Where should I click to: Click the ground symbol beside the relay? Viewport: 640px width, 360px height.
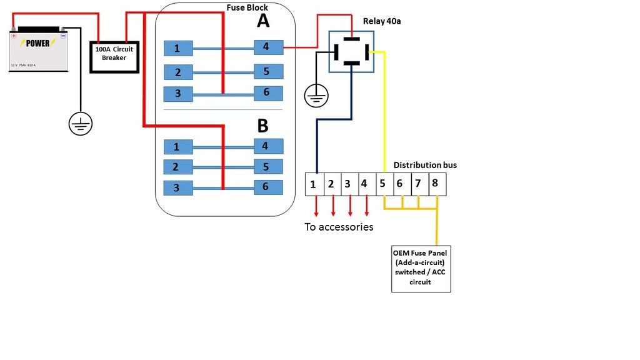(x=316, y=96)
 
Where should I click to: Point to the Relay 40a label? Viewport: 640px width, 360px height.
(x=381, y=21)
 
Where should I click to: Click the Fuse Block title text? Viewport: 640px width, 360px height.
(x=247, y=7)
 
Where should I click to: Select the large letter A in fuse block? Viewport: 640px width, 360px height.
(x=263, y=22)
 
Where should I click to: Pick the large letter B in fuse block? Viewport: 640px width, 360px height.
(x=263, y=126)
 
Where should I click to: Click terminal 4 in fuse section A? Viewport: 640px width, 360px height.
(x=268, y=47)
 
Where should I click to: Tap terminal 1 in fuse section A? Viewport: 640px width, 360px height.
(x=178, y=48)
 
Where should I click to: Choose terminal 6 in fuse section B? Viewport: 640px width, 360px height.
(x=268, y=187)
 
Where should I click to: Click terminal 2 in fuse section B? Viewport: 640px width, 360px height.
(x=178, y=167)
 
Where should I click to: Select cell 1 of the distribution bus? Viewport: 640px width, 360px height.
(x=313, y=184)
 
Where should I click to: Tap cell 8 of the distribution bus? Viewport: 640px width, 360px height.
(x=436, y=184)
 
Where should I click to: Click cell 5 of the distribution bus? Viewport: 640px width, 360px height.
(x=382, y=184)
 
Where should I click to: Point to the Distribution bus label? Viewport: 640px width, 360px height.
(x=425, y=165)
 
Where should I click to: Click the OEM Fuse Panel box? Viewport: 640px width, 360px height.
(x=421, y=269)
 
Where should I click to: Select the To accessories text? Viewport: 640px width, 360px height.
(x=339, y=227)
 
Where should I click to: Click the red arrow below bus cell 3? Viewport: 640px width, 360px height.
(x=349, y=205)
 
